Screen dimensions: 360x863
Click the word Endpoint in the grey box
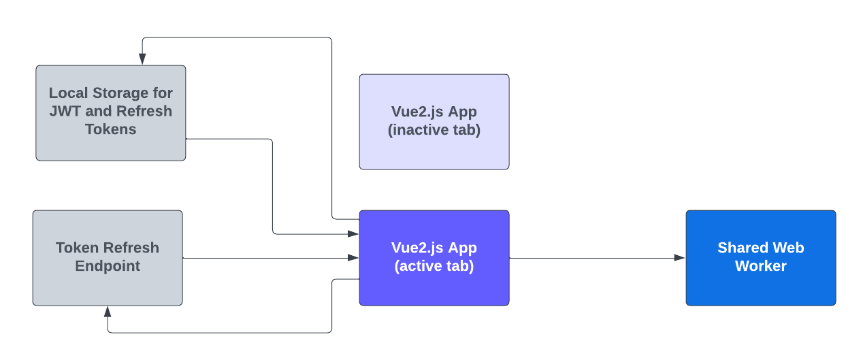[108, 266]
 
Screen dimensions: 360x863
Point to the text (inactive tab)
[434, 130]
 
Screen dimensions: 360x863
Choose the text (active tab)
[434, 266]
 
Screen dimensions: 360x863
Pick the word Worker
[761, 266]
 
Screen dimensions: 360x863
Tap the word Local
[69, 93]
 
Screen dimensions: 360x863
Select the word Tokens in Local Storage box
[111, 129]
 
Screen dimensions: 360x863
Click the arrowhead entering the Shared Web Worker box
[680, 258]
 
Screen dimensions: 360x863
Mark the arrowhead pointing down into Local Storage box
[142, 60]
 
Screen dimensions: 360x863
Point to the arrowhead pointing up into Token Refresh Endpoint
[108, 312]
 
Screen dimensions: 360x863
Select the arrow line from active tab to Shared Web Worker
[592, 258]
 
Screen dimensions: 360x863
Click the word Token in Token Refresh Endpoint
[78, 248]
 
